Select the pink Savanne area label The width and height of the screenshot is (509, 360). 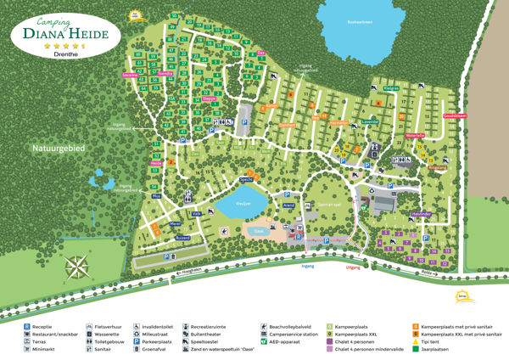[131, 75]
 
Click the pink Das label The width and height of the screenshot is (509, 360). [261, 53]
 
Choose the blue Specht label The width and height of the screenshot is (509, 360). [247, 180]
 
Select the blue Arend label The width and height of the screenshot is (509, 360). [288, 205]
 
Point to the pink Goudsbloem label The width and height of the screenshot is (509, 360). [455, 115]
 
